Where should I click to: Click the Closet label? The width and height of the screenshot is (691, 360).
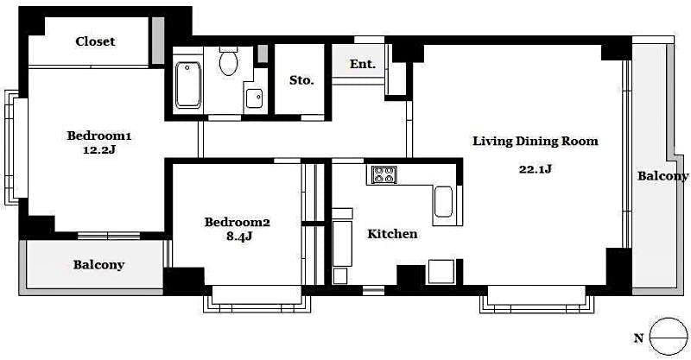(x=95, y=41)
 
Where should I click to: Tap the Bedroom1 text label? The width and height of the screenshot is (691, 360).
(x=99, y=136)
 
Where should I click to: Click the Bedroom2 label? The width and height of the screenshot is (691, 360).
(x=238, y=222)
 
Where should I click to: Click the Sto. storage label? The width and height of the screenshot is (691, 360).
(x=301, y=79)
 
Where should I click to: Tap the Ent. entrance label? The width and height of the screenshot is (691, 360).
(x=363, y=64)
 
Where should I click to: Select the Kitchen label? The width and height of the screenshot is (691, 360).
(x=392, y=234)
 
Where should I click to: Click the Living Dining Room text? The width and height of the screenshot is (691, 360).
(x=535, y=142)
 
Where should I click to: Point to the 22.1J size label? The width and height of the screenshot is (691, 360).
(x=535, y=169)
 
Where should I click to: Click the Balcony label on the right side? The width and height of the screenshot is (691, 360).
(x=662, y=176)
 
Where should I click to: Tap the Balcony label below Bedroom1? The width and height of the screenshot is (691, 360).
(x=98, y=265)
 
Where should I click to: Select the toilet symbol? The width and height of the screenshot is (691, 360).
(x=229, y=61)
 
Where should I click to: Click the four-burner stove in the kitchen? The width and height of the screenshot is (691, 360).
(x=384, y=174)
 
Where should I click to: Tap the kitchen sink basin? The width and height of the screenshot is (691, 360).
(x=443, y=203)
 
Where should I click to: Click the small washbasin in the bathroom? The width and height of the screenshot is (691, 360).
(x=255, y=98)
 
